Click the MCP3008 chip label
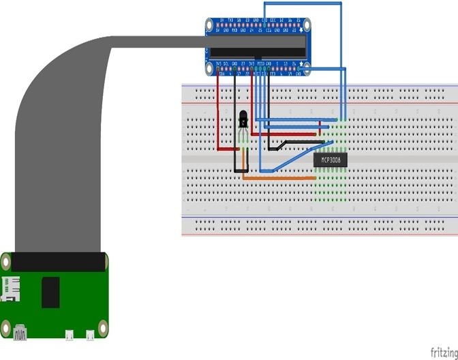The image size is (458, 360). pyautogui.click(x=331, y=160)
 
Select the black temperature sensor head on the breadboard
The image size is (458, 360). pyautogui.click(x=243, y=121)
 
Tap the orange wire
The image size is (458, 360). pyautogui.click(x=279, y=178)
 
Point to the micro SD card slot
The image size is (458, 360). pyautogui.click(x=10, y=288)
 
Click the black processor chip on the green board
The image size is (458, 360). pyautogui.click(x=50, y=292)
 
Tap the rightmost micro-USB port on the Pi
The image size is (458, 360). pyautogui.click(x=89, y=335)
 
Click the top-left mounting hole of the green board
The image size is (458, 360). pyautogui.click(x=5, y=261)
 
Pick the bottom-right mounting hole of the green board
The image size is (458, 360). pyautogui.click(x=104, y=328)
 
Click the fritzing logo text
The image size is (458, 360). pyautogui.click(x=444, y=352)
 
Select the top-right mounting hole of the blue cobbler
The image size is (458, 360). pyautogui.click(x=306, y=25)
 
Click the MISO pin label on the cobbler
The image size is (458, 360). pyautogui.click(x=260, y=63)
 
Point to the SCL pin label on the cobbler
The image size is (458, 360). pyautogui.click(x=226, y=63)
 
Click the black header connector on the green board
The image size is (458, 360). pyautogui.click(x=59, y=262)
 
